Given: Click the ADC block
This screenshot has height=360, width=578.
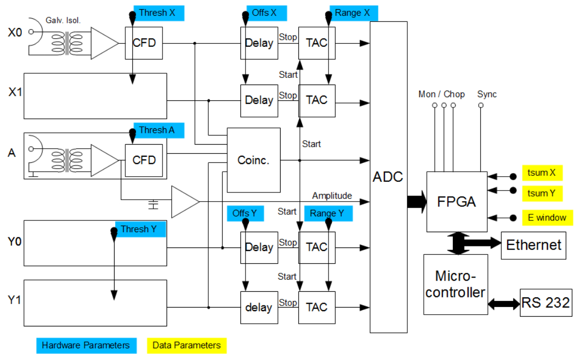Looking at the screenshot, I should coord(389,177).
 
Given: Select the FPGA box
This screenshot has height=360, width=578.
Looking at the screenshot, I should coord(456,201).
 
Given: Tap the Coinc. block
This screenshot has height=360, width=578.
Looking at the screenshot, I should coord(253,160).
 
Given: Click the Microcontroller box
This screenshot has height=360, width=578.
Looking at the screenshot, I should coord(455,284).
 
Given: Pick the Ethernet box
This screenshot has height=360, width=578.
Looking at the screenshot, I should coord(533,245).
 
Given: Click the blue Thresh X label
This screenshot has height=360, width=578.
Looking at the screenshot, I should coord(158,13).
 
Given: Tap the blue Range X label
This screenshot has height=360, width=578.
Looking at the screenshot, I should coord(351,13).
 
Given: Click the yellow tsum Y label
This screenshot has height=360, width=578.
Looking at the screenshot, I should coord(542,193).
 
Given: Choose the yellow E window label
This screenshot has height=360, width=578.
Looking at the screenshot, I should coord(547,217).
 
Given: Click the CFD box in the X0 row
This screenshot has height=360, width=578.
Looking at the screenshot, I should coord(144,43).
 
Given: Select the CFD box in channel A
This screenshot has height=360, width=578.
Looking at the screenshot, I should coord(144,160).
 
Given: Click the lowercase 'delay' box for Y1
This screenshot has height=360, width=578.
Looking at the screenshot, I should coord(259,308).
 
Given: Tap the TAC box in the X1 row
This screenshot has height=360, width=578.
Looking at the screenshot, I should coord(317,100).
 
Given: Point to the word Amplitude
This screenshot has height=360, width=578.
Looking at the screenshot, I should coord(332,196).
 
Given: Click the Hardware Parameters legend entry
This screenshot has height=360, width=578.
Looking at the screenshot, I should coord(86,345).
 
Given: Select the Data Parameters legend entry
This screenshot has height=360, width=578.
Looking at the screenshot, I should coord(186,345).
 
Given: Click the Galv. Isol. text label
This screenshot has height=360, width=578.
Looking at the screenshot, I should coord(63,21).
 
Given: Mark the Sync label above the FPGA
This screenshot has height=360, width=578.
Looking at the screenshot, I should coord(487,94).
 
